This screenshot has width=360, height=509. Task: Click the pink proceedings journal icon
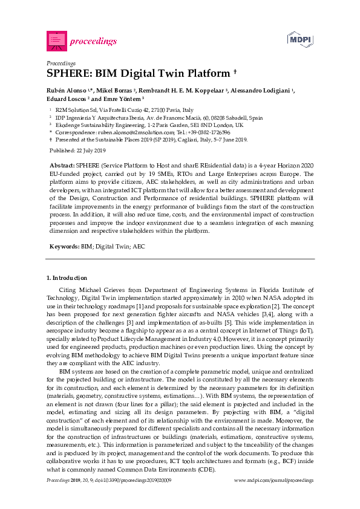coord(56,41)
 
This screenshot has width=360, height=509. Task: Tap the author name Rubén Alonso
coord(67,91)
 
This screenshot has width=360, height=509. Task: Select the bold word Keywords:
coord(63,247)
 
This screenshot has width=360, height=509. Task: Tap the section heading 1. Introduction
coord(67,277)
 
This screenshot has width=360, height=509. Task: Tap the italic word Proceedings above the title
coord(61,63)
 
